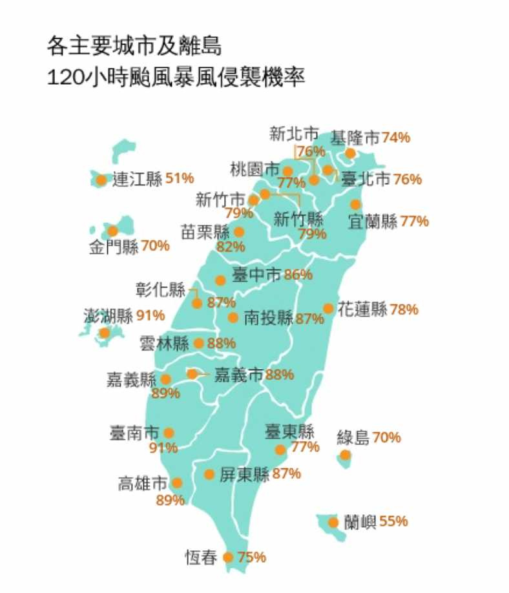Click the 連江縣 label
tap(137, 180)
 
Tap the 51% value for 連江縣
tap(180, 178)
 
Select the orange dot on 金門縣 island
tap(112, 231)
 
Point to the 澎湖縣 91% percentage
tap(151, 316)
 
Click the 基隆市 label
tap(355, 138)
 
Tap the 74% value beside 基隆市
tap(395, 138)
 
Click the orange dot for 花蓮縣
tap(328, 309)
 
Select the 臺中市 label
tap(256, 275)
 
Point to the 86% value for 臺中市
tap(298, 275)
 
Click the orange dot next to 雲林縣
tap(198, 343)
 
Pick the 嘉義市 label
tap(238, 375)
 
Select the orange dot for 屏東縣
tap(209, 474)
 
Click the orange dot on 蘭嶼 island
tap(333, 523)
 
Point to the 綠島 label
tap(353, 438)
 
